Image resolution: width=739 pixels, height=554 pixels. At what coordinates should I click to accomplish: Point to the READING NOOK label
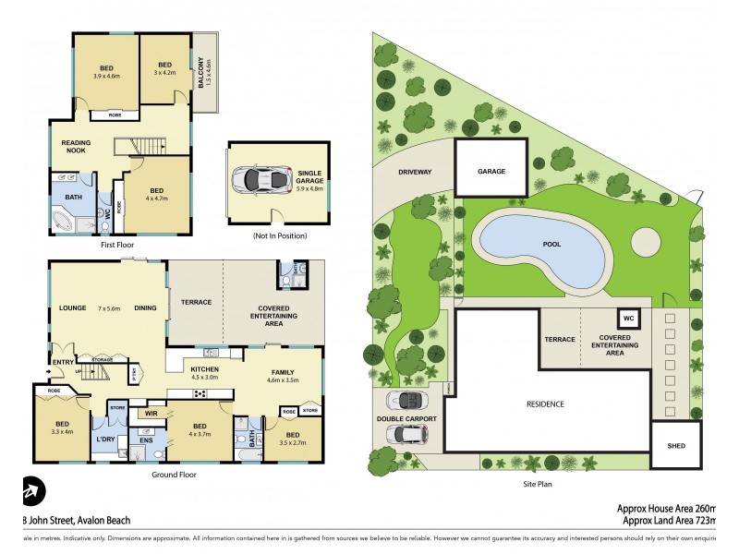click(x=76, y=148)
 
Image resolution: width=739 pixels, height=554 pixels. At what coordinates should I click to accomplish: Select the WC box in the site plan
click(x=628, y=319)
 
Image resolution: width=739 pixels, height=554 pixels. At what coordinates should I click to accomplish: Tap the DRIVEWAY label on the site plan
click(x=415, y=172)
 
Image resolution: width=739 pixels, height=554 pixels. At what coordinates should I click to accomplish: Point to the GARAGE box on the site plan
click(x=491, y=171)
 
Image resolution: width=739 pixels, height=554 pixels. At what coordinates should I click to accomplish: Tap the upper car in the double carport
click(x=407, y=400)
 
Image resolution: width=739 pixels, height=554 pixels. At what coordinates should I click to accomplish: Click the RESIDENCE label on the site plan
click(x=545, y=404)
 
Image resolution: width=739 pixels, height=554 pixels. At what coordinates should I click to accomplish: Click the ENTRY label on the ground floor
click(x=63, y=362)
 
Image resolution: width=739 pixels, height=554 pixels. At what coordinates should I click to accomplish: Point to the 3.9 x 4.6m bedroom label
click(x=107, y=73)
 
